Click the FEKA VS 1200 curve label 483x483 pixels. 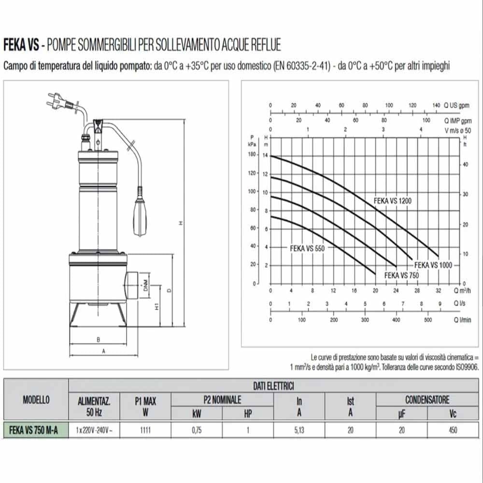(x=393, y=200)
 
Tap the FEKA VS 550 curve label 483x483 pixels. (x=308, y=248)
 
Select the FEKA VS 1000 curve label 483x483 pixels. (x=433, y=265)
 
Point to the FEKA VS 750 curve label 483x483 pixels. (x=401, y=275)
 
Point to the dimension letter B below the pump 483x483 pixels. (x=98, y=339)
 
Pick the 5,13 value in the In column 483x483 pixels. (x=299, y=431)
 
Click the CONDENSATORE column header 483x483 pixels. (x=427, y=400)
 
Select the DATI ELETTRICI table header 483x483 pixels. (x=274, y=385)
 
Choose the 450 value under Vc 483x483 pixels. (x=453, y=431)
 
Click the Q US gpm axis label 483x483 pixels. (x=456, y=105)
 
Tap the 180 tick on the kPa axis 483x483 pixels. (x=251, y=155)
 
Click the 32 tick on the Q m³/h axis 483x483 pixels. (x=438, y=291)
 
